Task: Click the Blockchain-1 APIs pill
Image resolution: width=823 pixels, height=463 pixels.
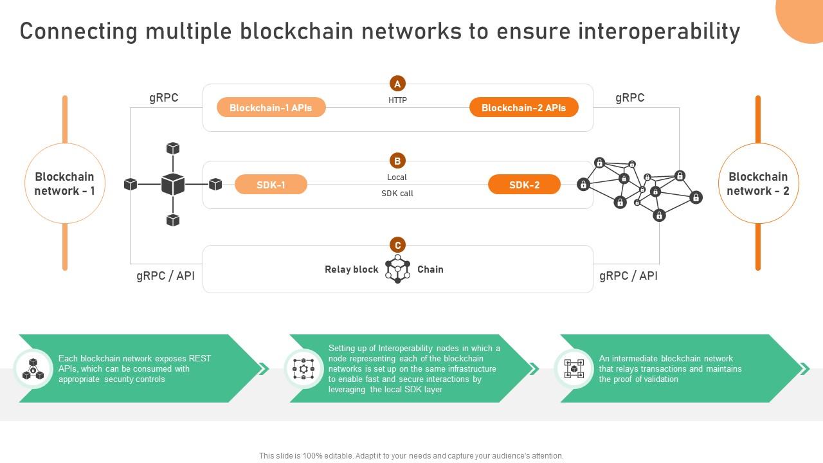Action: (x=271, y=107)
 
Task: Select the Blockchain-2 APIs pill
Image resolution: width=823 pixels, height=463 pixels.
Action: (x=523, y=107)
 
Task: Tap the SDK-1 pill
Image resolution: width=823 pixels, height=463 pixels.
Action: (x=271, y=185)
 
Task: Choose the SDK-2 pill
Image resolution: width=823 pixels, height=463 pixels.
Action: (x=524, y=185)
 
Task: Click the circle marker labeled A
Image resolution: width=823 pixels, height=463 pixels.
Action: (x=397, y=84)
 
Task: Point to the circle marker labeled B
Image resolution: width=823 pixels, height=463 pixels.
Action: (x=397, y=161)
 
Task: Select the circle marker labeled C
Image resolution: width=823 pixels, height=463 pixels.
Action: (x=397, y=245)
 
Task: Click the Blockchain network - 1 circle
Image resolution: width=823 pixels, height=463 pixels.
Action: (x=65, y=183)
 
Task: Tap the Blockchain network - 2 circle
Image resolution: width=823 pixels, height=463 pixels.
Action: (x=758, y=183)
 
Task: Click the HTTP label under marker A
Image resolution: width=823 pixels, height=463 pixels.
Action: (x=397, y=100)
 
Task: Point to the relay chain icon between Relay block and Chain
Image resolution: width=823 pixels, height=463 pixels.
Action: (x=397, y=269)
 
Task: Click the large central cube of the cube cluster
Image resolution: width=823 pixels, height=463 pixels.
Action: (x=172, y=185)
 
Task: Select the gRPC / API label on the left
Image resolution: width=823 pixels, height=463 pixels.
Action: (x=165, y=276)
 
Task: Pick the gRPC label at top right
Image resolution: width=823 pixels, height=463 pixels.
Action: (x=629, y=98)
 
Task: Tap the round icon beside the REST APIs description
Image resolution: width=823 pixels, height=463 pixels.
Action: (x=33, y=368)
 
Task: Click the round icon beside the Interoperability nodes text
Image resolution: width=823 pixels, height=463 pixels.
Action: (x=303, y=368)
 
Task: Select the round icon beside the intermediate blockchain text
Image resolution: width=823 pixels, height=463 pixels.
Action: (x=574, y=368)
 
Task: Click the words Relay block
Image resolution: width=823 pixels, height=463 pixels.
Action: (x=351, y=269)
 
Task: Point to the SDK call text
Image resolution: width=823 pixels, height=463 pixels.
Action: (x=397, y=194)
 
